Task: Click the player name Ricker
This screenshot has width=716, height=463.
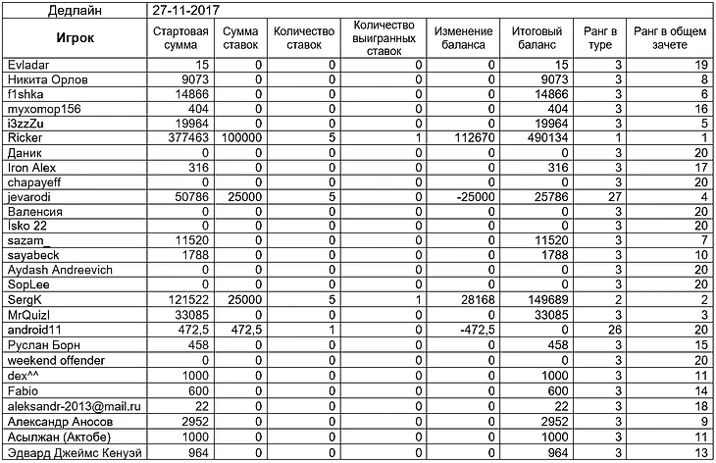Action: pyautogui.click(x=23, y=139)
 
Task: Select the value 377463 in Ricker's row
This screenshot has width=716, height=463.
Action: pyautogui.click(x=186, y=139)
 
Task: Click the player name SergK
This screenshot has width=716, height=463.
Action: pyautogui.click(x=24, y=299)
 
